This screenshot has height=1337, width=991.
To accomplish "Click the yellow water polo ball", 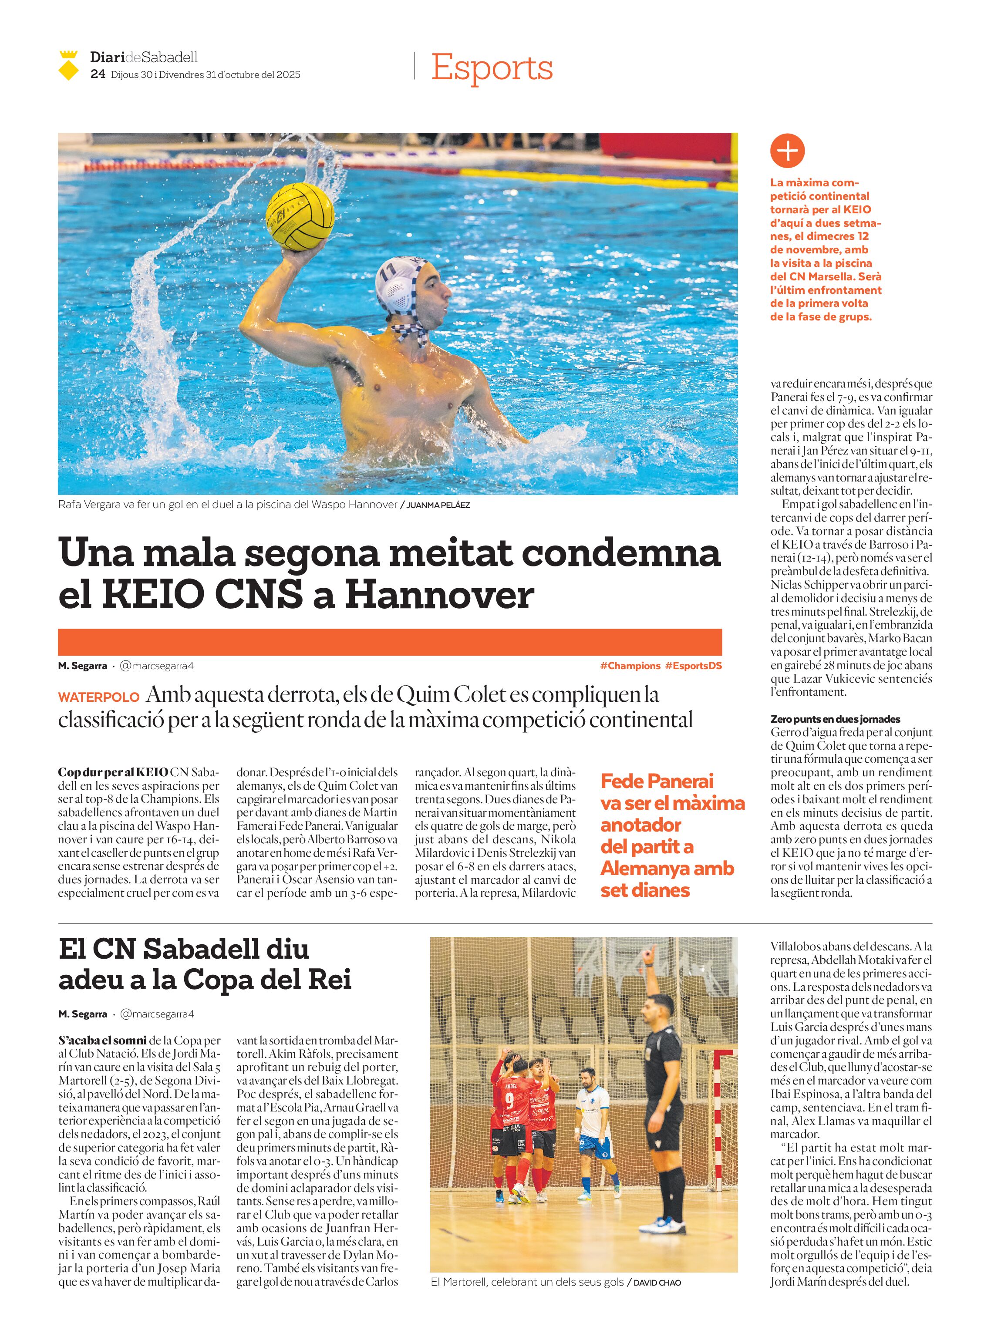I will pos(300,216).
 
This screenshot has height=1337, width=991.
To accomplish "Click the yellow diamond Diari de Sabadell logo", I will pos(68,66).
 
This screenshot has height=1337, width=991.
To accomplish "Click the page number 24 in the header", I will pos(97,74).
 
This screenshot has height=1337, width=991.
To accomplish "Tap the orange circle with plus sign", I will pos(787,151).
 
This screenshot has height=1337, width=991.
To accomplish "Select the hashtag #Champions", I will pos(630,666).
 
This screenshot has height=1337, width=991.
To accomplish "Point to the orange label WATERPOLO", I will pos(98,697).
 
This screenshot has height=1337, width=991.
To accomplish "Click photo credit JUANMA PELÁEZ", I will pos(438,505).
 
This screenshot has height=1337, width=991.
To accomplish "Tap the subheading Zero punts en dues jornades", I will pos(835,719).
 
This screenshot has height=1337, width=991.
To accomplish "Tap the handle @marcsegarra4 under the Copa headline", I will pos(157,1014).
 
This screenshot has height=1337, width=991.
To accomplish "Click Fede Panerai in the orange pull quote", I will pos(657,781).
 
